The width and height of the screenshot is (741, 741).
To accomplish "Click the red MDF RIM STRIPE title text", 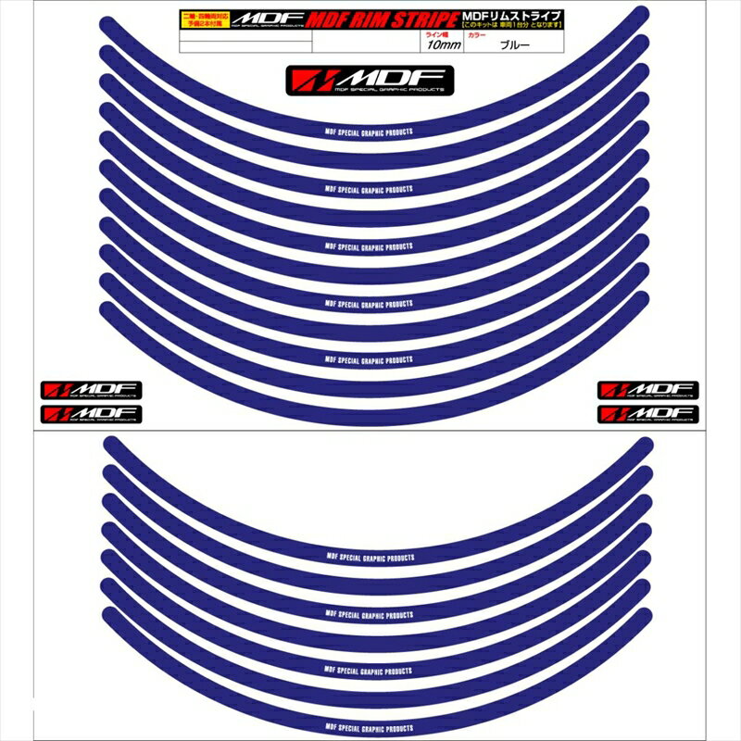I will point(371,18).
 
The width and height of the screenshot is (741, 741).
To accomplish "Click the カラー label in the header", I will point(478,32).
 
